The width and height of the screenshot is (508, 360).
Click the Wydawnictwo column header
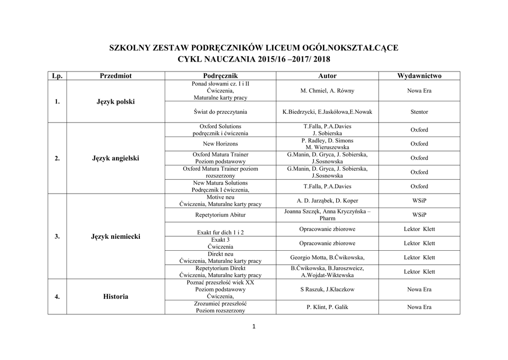coord(419,76)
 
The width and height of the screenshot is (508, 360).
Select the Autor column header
coord(327,76)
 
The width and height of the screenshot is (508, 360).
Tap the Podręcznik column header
coord(220,76)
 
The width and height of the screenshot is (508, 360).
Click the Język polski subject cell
coord(116,102)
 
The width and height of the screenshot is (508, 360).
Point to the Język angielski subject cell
coord(116,158)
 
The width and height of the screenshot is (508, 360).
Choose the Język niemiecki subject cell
coord(116,236)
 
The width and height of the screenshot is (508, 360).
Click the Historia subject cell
coord(116,296)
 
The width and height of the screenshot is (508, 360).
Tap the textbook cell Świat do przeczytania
coord(220,112)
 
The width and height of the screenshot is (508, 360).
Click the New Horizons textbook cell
coord(220,144)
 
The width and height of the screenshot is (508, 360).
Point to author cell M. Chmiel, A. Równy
coord(327,91)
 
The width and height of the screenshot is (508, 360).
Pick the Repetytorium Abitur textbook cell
coord(220,215)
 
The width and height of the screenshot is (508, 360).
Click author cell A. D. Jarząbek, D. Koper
coord(327,201)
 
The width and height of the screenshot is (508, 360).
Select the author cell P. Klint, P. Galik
coord(327,307)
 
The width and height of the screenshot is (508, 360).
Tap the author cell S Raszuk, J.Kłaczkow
coord(327,289)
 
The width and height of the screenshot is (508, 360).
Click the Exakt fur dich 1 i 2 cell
coord(220,232)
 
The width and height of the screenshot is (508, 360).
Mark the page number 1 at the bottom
coord(254,326)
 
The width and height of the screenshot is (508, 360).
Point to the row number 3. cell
coord(57,236)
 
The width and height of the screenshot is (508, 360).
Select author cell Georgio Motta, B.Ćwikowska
coord(327,257)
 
